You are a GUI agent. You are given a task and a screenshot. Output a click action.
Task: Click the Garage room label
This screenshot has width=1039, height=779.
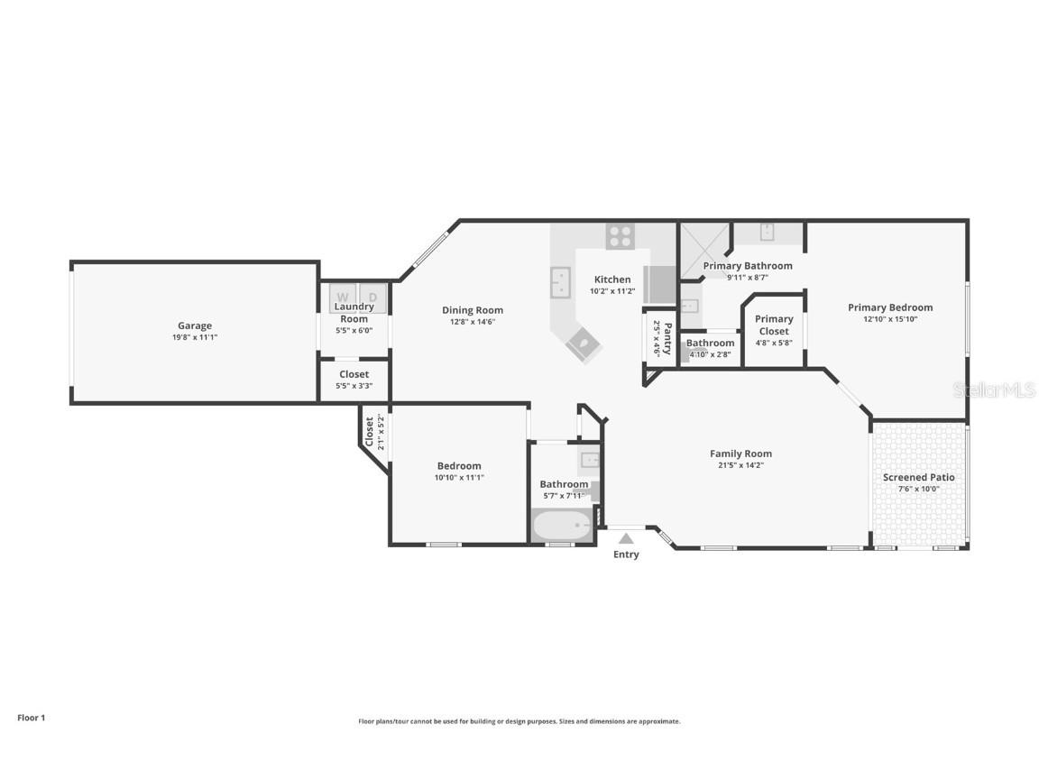195,325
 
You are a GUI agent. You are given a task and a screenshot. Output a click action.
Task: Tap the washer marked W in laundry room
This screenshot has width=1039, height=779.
343,296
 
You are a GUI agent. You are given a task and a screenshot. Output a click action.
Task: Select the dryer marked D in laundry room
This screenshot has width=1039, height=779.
373,296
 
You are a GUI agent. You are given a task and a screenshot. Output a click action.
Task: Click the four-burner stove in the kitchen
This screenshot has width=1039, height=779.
620,236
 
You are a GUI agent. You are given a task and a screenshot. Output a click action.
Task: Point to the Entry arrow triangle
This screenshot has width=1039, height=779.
626,538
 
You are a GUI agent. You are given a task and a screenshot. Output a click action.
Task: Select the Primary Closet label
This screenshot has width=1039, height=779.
774,325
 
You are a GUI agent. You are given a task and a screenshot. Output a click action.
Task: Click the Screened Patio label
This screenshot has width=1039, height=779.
918,477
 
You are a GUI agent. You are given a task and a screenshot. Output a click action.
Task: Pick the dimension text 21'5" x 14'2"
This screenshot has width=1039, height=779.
740,465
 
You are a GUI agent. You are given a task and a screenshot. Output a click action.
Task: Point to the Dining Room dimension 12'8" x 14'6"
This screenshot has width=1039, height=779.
473,322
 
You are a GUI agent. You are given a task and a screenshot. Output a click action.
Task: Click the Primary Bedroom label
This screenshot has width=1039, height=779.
890,307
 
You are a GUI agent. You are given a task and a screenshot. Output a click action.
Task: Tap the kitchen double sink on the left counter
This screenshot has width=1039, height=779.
560,282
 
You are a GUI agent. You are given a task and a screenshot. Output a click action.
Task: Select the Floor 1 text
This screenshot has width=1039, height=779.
31,718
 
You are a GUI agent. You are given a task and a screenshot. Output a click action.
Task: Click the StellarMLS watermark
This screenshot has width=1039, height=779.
995,389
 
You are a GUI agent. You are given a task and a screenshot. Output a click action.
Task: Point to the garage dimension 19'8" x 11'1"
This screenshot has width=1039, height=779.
195,337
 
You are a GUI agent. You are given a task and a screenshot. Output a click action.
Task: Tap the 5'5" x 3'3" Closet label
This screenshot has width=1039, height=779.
354,374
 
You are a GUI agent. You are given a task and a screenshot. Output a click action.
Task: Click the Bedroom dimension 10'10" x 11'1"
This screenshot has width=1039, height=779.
459,478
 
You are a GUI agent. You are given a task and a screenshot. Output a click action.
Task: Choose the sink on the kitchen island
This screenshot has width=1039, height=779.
584,344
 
